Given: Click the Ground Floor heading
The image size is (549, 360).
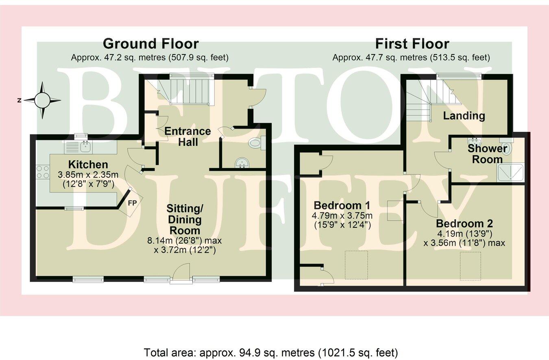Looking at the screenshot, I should coord(150,44).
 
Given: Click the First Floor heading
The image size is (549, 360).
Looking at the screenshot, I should coord(412,44).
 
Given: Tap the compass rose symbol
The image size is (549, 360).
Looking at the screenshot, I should coord(42,100).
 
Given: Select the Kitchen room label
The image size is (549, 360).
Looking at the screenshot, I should coord(88,165).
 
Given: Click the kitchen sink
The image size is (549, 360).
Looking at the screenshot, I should coord(85,146).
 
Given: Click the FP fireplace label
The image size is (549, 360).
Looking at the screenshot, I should coord(132,203).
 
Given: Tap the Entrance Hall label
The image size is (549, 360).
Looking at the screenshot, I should coord(187,137).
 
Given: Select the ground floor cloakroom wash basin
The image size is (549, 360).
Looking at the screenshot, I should coord(243,163).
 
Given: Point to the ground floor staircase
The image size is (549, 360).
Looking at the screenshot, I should coord(189,92).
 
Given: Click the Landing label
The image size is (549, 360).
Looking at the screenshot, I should coord(464,116).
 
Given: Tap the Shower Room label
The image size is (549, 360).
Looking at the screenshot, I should coord(487,154).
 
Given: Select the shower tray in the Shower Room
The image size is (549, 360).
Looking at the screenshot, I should coord(511,172).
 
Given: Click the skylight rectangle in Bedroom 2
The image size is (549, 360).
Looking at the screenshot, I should coord(470,266).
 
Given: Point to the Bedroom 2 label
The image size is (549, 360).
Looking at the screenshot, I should coord(464,224).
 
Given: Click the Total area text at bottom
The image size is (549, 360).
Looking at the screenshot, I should coord(271,352).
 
